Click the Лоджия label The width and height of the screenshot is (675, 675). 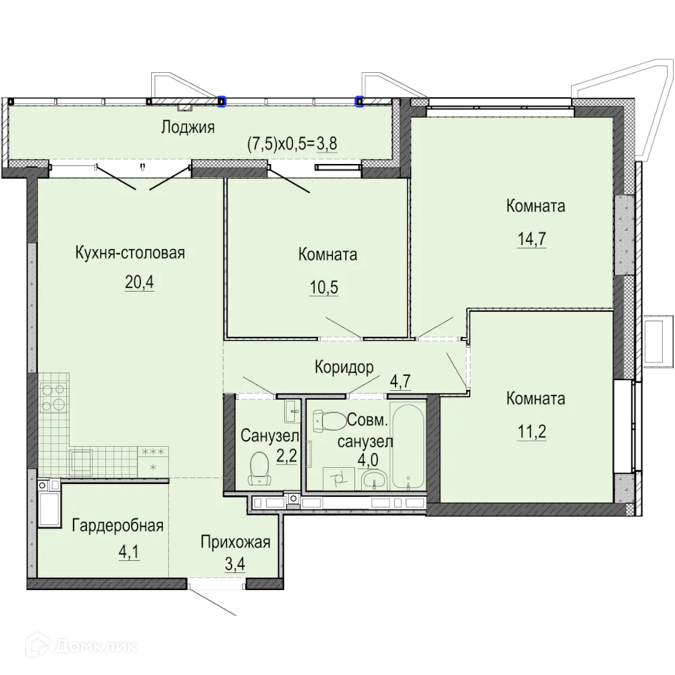click(x=188, y=128)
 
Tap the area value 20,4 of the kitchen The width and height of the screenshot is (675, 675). click(x=140, y=282)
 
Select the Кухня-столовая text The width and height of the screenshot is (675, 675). click(x=130, y=252)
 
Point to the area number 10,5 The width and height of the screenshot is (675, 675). click(x=324, y=287)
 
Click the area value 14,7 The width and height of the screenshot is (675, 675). click(x=532, y=238)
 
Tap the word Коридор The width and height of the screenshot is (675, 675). click(x=344, y=368)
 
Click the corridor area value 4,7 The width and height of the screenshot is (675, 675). click(x=400, y=381)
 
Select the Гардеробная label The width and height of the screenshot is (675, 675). click(x=117, y=526)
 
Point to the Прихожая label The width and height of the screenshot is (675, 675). click(x=236, y=543)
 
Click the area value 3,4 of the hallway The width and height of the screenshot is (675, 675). click(x=235, y=564)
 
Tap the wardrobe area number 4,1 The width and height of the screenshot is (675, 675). click(x=129, y=551)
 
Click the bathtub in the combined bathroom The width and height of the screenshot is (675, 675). click(x=407, y=445)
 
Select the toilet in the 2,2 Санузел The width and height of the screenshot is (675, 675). click(x=261, y=468)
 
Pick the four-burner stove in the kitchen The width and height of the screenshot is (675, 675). click(x=53, y=398)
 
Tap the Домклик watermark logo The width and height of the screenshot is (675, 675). click(x=82, y=646)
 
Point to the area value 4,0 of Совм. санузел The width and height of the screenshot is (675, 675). click(x=368, y=460)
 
